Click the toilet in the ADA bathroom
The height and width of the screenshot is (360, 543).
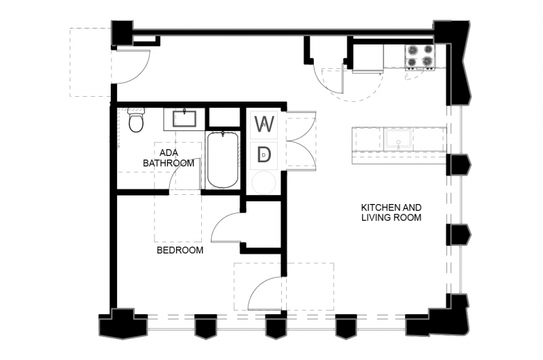click(136, 120)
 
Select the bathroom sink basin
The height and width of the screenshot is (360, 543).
click(184, 118)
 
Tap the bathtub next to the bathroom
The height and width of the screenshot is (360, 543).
click(222, 160)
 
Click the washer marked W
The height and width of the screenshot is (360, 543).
click(265, 124)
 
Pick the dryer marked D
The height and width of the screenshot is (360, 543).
click(265, 155)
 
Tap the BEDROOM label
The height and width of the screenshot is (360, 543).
click(180, 250)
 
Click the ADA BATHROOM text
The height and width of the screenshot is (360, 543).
click(168, 158)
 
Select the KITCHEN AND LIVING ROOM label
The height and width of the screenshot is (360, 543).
click(391, 212)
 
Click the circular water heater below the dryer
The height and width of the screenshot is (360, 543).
click(264, 182)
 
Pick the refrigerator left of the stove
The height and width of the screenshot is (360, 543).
click(368, 58)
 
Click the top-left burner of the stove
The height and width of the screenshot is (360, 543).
click(413, 51)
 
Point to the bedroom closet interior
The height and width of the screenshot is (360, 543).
click(263, 224)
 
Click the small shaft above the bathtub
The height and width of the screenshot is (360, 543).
click(224, 117)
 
